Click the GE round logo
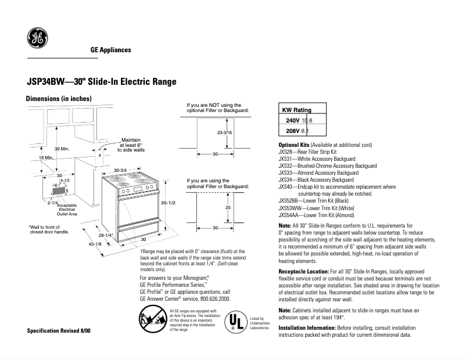(x=38, y=39)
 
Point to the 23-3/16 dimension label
(x=224, y=133)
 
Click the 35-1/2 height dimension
(x=168, y=201)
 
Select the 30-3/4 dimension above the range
(x=120, y=170)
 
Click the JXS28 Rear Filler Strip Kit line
(x=313, y=151)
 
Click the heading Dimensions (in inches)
(x=59, y=99)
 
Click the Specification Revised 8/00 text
(x=59, y=330)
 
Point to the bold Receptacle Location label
(x=303, y=271)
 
